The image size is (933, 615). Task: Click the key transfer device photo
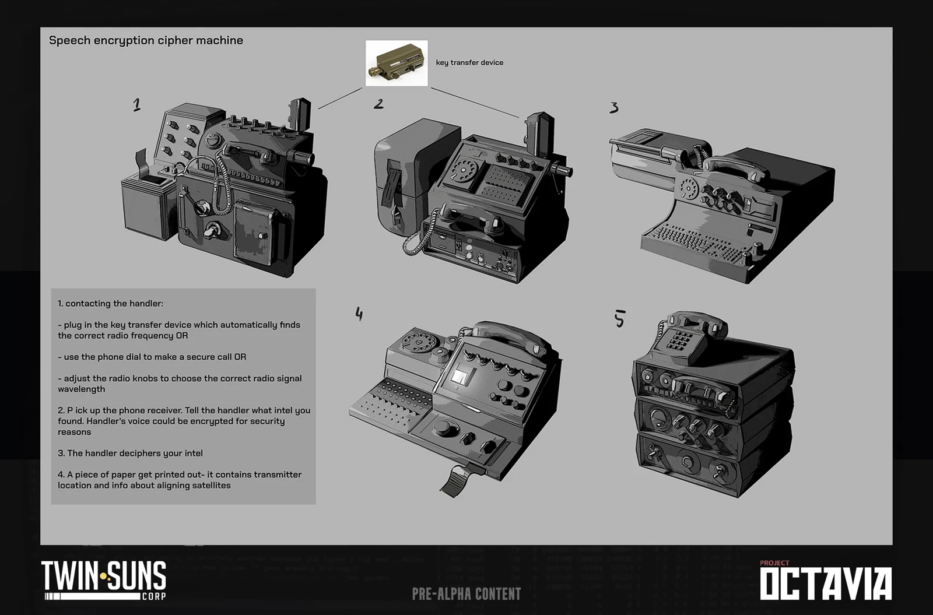(x=396, y=63)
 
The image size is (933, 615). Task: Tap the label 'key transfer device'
(x=469, y=62)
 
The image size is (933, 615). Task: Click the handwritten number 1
(x=136, y=105)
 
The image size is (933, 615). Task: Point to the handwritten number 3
(x=614, y=108)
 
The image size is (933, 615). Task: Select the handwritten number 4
(x=359, y=314)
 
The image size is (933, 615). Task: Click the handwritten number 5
(x=620, y=318)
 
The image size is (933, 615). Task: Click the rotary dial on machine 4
(x=419, y=343)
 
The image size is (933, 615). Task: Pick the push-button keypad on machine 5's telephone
(x=680, y=340)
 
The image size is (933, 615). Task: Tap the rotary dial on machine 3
(x=689, y=188)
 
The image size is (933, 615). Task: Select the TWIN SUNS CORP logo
(x=104, y=580)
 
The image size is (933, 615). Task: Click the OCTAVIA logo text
(x=826, y=584)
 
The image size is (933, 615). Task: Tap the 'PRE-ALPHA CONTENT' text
(x=466, y=594)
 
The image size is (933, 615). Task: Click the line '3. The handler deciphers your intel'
(x=131, y=453)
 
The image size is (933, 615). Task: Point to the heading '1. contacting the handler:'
(x=110, y=303)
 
